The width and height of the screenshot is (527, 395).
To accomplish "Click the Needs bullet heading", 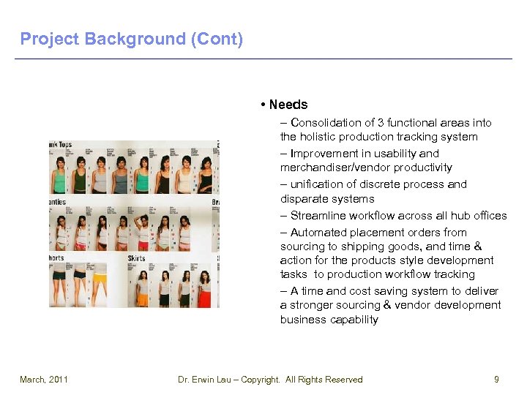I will click(x=288, y=105).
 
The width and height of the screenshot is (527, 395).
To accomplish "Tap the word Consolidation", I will click(x=324, y=123).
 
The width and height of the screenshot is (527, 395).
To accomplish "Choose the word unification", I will click(x=317, y=184).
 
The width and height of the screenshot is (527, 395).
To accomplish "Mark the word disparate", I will click(x=304, y=199).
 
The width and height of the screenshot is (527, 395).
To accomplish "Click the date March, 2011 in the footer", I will click(x=43, y=380).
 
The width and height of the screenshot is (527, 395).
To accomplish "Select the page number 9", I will click(x=496, y=380).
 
